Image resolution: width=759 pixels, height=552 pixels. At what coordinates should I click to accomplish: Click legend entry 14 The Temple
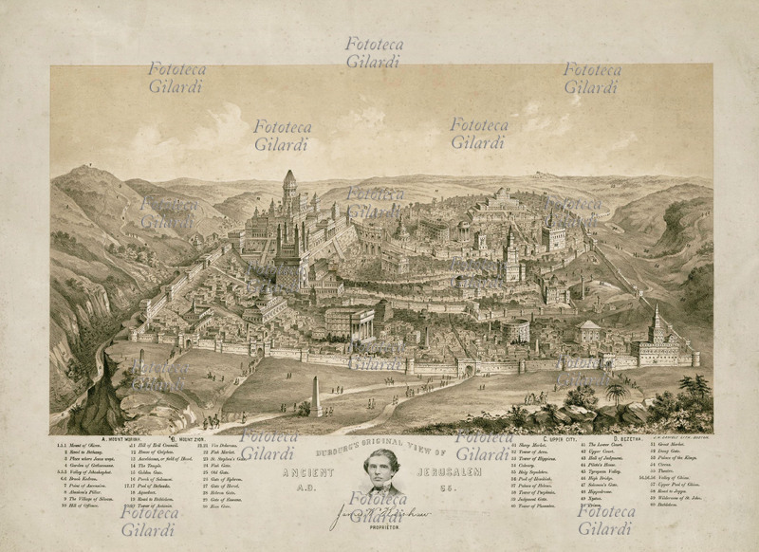point(151,471)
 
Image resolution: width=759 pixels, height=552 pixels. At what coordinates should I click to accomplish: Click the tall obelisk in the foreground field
point(316,396)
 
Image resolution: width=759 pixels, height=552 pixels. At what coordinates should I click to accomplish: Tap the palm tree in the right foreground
point(618,389)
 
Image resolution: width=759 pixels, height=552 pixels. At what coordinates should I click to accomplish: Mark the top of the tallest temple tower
point(289,175)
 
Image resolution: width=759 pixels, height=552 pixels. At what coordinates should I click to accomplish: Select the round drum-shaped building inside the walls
point(516,331)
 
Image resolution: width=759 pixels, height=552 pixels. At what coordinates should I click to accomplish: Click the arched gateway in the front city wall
point(467,368)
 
